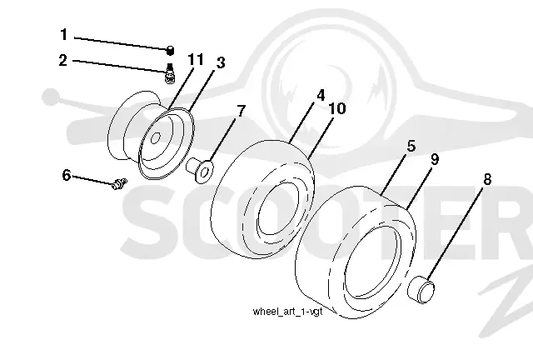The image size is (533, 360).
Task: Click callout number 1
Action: click(x=64, y=35)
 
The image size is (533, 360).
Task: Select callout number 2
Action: click(x=63, y=60)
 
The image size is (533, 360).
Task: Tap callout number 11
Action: click(x=196, y=59)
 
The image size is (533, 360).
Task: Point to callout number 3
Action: click(x=221, y=62)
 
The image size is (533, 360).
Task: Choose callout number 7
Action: click(x=241, y=111)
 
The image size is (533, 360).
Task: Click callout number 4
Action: click(x=321, y=96)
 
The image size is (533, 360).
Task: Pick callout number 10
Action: click(x=336, y=108)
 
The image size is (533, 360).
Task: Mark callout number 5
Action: click(x=411, y=146)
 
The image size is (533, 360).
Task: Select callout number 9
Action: click(x=435, y=159)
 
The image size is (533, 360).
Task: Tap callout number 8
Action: click(x=487, y=179)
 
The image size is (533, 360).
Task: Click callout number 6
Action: click(x=67, y=176)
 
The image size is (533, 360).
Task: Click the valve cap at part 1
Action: click(x=170, y=50)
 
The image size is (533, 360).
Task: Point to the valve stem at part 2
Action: click(x=170, y=72)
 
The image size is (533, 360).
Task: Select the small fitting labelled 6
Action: click(x=119, y=183)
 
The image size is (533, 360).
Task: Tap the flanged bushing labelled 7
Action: click(x=200, y=170)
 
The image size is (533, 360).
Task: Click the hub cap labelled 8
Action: click(x=421, y=290)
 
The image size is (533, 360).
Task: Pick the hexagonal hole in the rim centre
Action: click(x=156, y=137)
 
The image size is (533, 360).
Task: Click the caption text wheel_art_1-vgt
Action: click(x=287, y=312)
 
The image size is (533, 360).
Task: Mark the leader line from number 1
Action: click(x=121, y=43)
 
